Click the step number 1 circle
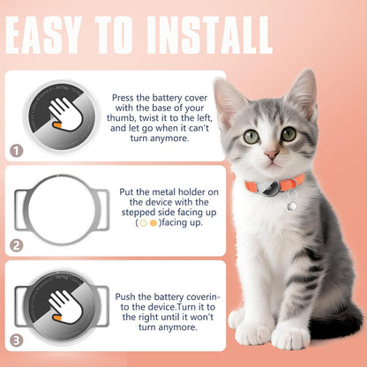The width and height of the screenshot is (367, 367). point(17,151)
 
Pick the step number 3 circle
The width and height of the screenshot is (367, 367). point(17,338)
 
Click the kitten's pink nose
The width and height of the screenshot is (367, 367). point(273,155)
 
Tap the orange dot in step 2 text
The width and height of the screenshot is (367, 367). point(154,223)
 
